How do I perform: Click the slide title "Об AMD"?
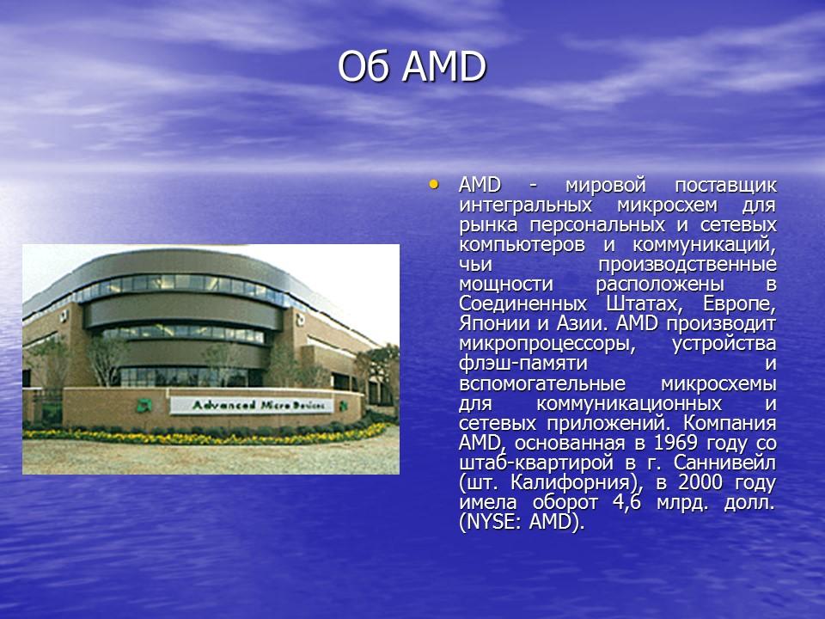coord(412,67)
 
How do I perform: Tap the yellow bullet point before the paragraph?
coord(433,184)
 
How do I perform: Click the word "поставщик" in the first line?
coord(725,186)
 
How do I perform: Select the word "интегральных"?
coord(526,205)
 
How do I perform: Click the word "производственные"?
coord(687,265)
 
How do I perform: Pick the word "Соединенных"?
coord(522,304)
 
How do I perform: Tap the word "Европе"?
coord(739,304)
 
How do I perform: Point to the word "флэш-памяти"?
coord(523,364)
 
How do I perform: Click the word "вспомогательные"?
coord(542,383)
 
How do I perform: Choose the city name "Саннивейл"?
coord(724,463)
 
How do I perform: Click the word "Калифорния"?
coord(570,482)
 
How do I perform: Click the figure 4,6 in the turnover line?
coord(626,503)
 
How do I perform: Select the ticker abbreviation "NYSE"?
coord(492,523)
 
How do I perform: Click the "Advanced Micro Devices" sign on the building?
coord(252,405)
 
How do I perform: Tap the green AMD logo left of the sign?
coord(144,405)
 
